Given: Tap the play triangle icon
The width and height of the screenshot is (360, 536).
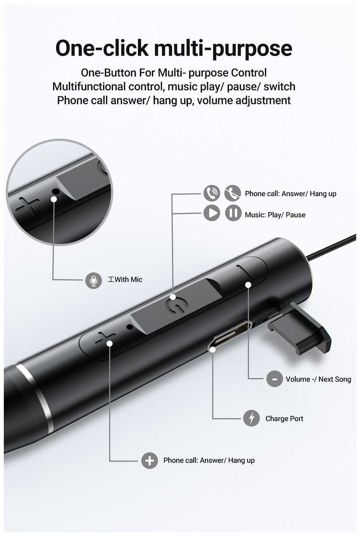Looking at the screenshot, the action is coord(212,213).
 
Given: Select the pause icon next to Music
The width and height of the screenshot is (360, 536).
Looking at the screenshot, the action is coord(233,213).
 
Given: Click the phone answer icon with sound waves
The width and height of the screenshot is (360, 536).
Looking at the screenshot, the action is coord(212,193).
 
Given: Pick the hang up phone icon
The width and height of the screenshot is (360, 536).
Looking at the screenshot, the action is coord(233,193).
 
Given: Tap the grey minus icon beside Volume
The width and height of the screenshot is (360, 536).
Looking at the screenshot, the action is coord(275,379).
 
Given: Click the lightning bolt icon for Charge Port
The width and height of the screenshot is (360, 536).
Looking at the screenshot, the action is coord(251,418).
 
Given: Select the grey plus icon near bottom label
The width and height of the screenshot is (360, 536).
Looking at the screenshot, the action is coord(150,460).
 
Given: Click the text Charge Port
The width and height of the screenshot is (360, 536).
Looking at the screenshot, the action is coord(284,419).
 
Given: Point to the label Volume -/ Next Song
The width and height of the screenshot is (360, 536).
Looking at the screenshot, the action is coord(318,379).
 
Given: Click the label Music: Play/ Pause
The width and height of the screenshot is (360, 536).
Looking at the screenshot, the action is coord(275,215).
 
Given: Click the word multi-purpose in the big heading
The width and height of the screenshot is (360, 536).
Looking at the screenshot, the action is coord(223,49).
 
